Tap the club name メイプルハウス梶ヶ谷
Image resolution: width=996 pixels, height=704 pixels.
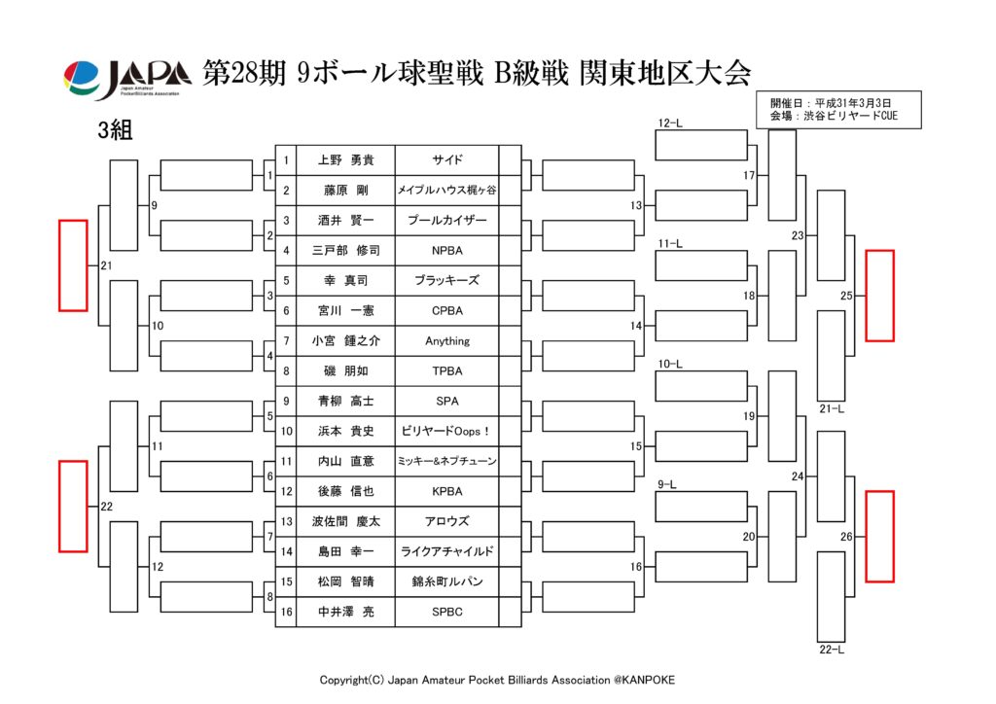tap(446, 191)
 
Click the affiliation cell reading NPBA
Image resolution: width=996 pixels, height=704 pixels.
tap(446, 250)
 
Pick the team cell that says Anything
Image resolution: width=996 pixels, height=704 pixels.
tap(446, 341)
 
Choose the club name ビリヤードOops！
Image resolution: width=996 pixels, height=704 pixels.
tap(446, 431)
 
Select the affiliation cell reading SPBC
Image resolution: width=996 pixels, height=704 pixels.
tap(446, 612)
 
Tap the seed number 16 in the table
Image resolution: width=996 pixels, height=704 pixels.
tap(286, 612)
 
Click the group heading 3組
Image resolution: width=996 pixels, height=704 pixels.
tap(115, 132)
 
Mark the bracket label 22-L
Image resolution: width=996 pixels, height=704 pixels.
tap(831, 649)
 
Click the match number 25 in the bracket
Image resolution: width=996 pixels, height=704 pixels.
tap(846, 295)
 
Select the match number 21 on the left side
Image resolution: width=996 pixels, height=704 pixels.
tap(104, 265)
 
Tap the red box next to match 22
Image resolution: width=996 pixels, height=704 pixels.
tap(73, 506)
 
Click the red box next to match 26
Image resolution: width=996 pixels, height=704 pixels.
tap(879, 536)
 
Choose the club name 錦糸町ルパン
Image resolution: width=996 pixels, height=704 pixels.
tap(446, 581)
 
